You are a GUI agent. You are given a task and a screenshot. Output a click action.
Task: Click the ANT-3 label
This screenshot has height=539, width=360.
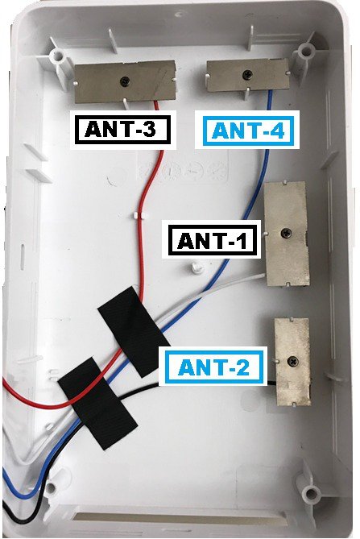123,130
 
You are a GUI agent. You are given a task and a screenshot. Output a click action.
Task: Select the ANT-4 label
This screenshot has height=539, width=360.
247,130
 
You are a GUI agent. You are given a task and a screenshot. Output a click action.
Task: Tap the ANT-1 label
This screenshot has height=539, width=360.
213,240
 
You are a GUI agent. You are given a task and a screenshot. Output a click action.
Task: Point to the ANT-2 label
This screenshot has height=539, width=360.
213,367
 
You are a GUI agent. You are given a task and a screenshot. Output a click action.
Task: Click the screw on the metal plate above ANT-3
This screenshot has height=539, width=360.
124,81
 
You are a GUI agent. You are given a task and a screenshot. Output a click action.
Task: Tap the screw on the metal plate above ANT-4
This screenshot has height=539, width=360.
248,74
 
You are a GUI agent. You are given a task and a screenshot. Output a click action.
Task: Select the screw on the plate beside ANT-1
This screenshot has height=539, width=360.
286,233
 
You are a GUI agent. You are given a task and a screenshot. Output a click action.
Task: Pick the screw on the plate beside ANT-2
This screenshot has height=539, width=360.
293,361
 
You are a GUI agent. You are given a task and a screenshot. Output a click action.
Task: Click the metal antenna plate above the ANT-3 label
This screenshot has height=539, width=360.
126,82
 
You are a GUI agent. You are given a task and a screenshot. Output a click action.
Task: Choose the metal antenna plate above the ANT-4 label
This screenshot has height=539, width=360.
248,75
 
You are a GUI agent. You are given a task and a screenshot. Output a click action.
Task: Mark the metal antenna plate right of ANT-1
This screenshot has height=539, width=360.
286,234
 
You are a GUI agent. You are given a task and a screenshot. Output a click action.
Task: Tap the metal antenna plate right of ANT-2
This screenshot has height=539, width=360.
293,361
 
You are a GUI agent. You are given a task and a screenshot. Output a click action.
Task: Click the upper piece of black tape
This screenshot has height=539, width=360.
134,331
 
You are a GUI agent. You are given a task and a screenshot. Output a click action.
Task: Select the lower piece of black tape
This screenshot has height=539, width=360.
97,403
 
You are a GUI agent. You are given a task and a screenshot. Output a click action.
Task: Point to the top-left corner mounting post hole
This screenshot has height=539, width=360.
57,55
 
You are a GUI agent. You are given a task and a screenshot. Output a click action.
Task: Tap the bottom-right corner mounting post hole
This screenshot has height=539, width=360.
312,494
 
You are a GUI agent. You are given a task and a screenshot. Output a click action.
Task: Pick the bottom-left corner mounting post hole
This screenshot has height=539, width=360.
51,487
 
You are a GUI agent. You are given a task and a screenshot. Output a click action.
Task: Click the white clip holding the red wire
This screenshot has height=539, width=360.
139,216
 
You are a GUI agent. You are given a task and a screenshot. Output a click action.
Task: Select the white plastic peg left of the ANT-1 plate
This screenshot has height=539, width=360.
195,267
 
